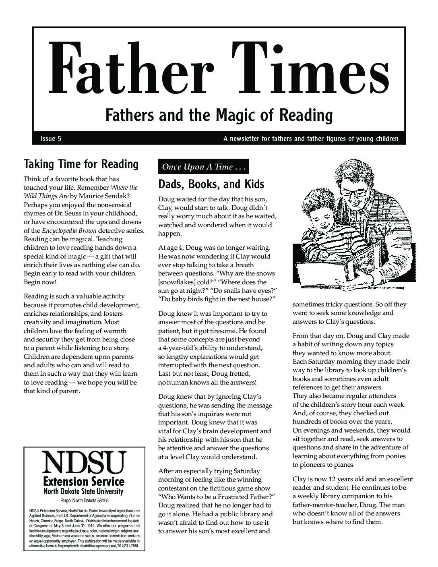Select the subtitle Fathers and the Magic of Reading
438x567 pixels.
pos(219,116)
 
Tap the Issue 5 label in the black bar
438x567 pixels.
pos(51,139)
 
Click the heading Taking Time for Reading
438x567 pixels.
pos(81,164)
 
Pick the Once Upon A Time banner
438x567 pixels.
pos(203,167)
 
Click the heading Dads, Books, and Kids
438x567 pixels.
pos(211,184)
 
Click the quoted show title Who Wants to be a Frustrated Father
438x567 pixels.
pos(216,497)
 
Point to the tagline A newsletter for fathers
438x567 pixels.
pos(311,139)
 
